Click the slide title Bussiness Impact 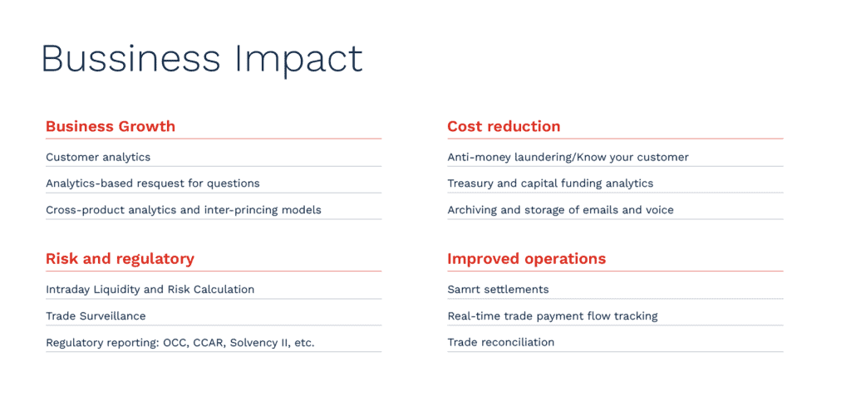(202, 59)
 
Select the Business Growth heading (111, 126)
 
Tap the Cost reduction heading (504, 126)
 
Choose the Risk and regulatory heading (120, 259)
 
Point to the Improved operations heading (526, 259)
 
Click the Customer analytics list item (98, 157)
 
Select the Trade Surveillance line (96, 315)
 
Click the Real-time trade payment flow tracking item (553, 316)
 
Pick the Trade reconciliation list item (501, 342)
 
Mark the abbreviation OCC (175, 343)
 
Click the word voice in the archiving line (659, 210)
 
